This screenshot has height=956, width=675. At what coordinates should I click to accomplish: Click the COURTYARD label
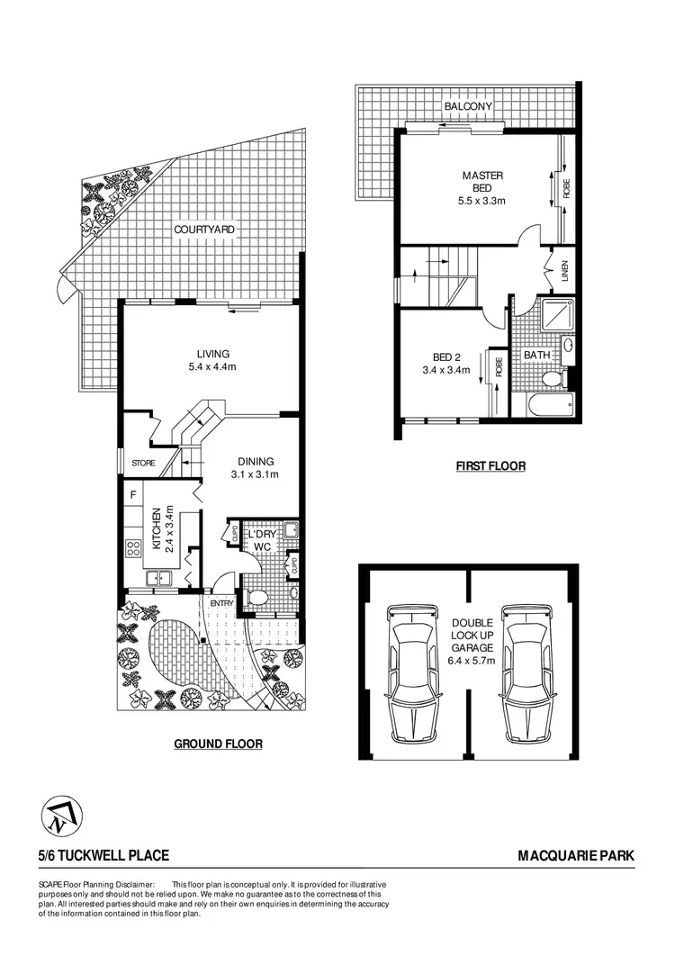point(204,230)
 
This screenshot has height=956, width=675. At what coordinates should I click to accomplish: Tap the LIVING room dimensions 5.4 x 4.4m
point(208,367)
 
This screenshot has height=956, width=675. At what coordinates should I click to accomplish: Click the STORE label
point(143,464)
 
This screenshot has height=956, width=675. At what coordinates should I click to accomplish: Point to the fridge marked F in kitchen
point(133,494)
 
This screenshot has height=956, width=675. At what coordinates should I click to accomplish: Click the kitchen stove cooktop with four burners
point(134,547)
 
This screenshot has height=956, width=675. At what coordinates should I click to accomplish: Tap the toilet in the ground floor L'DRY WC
point(258,597)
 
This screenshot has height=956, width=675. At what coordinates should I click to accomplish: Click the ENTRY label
point(222,602)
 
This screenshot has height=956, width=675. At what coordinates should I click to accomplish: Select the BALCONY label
point(467,106)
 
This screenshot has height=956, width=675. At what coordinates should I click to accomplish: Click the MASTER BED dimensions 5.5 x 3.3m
point(481,202)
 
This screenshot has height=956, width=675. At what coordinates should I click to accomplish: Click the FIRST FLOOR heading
point(490,466)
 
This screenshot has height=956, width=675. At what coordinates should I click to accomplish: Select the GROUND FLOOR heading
point(218,744)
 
